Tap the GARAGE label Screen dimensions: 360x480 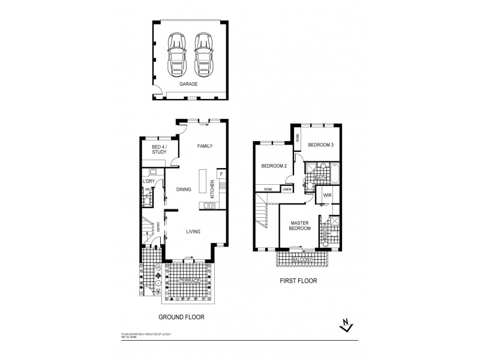[x=189, y=85]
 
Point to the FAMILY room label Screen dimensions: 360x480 [x=205, y=146]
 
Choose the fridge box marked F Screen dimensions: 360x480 [x=221, y=174]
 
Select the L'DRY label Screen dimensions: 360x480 [x=148, y=181]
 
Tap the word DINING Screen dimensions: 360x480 [x=184, y=190]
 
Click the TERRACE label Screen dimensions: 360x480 [x=188, y=281]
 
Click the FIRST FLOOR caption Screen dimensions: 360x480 [x=297, y=280]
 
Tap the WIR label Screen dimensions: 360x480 [x=328, y=196]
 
